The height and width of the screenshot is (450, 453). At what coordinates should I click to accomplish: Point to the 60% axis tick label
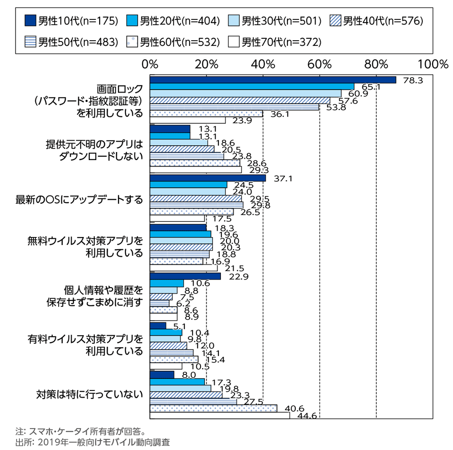tap(320, 65)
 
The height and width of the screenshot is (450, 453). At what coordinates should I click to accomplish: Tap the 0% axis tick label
tap(150, 65)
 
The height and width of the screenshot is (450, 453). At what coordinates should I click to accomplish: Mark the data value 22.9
tap(237, 276)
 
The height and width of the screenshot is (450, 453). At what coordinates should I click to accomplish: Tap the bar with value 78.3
tap(273, 80)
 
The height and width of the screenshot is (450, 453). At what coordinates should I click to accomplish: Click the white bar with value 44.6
tap(219, 415)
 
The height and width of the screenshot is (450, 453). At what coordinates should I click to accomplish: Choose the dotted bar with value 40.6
tap(213, 408)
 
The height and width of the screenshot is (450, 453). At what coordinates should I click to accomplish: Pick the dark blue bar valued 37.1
tap(208, 178)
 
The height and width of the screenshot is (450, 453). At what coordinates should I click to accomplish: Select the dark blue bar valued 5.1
tap(158, 325)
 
